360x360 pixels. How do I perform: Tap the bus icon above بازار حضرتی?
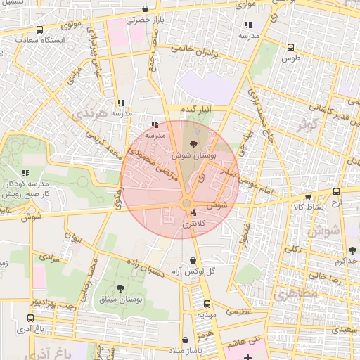point(145,9)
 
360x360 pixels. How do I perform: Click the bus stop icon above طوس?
point(290,47)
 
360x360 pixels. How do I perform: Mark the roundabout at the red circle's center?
point(187,204)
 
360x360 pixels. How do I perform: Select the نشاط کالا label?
point(308,207)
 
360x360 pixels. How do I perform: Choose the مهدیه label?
point(206,314)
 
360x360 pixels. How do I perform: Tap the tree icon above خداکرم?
point(352,250)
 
